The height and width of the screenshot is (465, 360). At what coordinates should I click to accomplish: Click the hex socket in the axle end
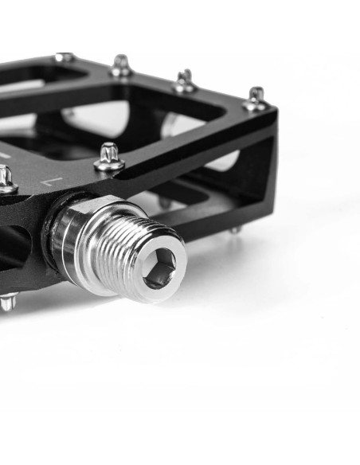pos(159,268)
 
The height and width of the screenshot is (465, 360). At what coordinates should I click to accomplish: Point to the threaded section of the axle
pos(131,252)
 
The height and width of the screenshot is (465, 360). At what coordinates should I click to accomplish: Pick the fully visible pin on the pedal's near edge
pos(109,157)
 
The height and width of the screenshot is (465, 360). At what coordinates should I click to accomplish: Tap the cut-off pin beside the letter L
pos(6,178)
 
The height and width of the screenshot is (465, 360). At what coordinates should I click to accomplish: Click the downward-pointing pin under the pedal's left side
pos(7,302)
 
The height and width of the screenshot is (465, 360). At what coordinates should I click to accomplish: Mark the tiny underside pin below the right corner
pos(235,230)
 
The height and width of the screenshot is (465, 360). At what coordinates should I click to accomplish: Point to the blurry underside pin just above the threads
pos(165,202)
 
